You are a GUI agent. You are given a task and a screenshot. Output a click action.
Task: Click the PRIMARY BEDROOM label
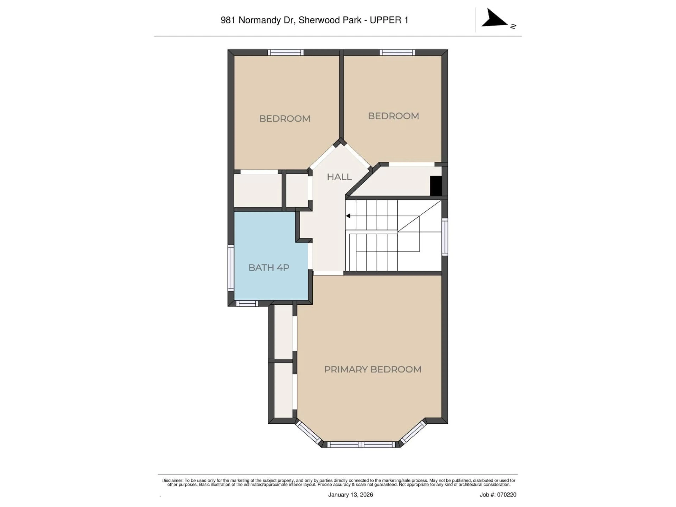[373, 370]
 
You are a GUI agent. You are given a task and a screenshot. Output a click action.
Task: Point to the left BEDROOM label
[284, 119]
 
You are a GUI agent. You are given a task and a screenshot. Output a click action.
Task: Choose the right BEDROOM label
[393, 116]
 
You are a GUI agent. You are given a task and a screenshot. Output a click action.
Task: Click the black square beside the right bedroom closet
[436, 186]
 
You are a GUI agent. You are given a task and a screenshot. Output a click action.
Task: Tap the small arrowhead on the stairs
[348, 216]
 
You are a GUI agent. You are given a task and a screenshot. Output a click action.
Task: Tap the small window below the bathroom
[247, 303]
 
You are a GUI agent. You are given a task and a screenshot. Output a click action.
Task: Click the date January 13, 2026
[350, 495]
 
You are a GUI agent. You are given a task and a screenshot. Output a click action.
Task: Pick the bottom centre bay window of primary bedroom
[362, 445]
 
